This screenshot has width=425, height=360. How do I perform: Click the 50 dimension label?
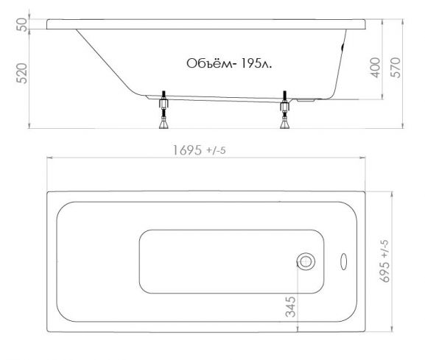(21, 24)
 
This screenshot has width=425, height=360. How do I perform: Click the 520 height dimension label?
(21, 73)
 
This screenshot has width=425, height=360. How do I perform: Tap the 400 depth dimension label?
(376, 68)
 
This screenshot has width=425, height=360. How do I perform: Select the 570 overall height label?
(396, 68)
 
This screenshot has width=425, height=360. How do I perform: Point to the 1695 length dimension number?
(187, 150)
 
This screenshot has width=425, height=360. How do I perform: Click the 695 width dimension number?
(385, 272)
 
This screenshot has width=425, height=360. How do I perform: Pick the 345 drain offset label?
(290, 307)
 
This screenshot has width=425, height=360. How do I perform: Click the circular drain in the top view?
(306, 261)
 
